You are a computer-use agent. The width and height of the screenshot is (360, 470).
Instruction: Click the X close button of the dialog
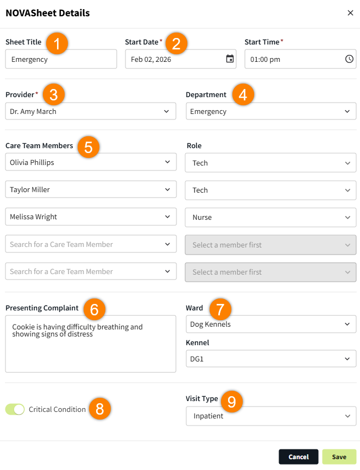pos(350,13)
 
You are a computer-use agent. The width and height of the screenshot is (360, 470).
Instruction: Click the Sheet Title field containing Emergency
pos(61,59)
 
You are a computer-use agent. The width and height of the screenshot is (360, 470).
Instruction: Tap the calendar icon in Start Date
pos(230,59)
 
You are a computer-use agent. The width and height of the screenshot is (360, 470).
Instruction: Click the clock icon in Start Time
pos(349,59)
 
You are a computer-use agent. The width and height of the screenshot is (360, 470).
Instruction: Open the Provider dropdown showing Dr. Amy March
pos(91,111)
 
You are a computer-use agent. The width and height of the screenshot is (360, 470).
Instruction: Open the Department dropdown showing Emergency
pos(271,111)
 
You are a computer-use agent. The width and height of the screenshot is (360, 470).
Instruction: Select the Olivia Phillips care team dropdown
pos(91,162)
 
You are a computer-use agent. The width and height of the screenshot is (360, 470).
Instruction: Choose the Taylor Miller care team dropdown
pos(91,189)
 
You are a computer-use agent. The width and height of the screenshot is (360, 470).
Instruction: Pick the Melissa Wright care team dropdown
pos(91,217)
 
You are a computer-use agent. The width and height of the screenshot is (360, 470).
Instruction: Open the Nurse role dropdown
pos(270,217)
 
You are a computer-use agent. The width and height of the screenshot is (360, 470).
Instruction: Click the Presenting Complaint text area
pos(91,344)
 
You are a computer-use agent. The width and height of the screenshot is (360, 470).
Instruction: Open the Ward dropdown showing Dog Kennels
pos(271,324)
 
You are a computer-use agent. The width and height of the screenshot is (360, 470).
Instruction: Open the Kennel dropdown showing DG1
pos(271,359)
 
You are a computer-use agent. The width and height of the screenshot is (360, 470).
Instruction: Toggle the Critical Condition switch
pos(15,409)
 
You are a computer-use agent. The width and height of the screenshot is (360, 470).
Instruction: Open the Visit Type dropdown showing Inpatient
pos(271,416)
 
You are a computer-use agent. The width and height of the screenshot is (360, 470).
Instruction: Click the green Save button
pos(339,457)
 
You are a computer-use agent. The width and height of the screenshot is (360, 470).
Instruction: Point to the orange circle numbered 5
pos(89,147)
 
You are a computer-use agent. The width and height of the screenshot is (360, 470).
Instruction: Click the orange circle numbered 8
pos(99,409)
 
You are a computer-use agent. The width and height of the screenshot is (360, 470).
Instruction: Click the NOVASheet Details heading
pos(48,13)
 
